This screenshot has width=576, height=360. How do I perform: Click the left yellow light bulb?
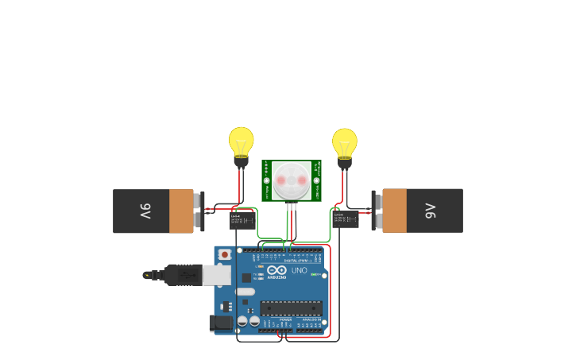coord(242,141)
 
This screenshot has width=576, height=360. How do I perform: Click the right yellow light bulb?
coord(345,142)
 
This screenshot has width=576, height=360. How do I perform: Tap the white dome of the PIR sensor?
coord(292,180)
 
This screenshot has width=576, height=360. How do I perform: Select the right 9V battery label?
coord(430,211)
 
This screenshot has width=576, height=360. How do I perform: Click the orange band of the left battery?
coord(181,211)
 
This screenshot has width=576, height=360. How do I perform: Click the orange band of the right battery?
coord(394,211)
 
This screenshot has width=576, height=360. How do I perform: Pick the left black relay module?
coord(241,220)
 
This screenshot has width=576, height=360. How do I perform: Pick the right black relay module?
coord(346,220)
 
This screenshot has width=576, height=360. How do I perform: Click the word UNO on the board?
coord(299,271)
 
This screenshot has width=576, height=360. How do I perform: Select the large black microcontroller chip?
coord(291,308)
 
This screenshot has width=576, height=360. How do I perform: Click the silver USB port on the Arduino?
coord(217,275)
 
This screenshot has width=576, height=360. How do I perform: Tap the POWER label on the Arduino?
coord(285,319)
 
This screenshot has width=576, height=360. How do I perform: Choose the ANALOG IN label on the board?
coord(311,319)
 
